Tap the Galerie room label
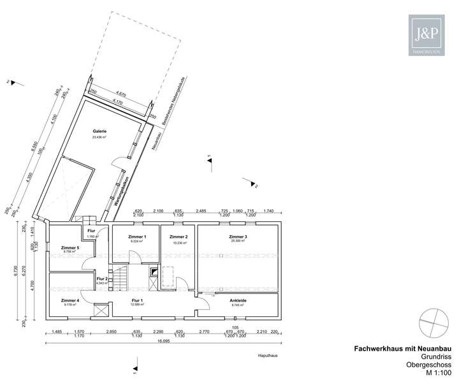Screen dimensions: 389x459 pos(99,131)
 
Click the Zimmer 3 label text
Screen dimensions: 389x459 pos(238,237)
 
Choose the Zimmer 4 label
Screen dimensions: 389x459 pos(69,300)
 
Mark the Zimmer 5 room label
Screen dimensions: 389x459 pos(69,247)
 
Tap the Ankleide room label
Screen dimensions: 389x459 pos(238,300)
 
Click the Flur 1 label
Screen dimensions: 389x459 pos(137,300)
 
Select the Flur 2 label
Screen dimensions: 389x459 pos(102,279)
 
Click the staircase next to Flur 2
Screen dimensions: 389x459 pos(121,279)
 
